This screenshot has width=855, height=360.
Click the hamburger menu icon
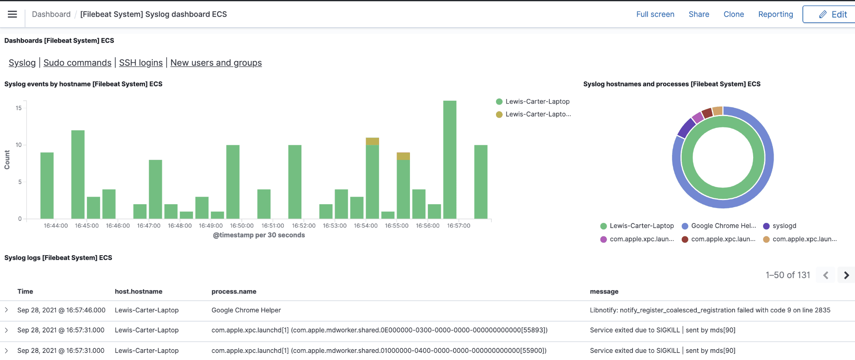(x=13, y=14)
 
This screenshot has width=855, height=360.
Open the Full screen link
(x=655, y=14)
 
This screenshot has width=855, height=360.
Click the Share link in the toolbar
(x=698, y=14)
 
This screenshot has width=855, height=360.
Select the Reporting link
(x=775, y=14)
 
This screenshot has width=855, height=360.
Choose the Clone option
(x=734, y=14)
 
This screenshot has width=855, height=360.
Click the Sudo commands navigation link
(x=77, y=63)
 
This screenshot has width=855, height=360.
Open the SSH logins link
(x=141, y=63)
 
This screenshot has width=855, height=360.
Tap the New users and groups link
(x=216, y=63)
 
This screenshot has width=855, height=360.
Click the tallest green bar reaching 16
(x=450, y=159)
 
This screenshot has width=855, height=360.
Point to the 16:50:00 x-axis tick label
(x=242, y=226)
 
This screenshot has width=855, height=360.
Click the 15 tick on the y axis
(x=18, y=108)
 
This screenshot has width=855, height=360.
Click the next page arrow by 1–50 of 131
(x=846, y=275)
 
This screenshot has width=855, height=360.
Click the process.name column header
(x=234, y=292)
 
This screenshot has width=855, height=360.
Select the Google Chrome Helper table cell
(x=246, y=310)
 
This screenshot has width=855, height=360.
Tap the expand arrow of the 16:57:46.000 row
(x=6, y=310)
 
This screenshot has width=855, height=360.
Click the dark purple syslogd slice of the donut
(x=686, y=128)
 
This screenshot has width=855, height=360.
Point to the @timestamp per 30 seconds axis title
(x=259, y=235)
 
